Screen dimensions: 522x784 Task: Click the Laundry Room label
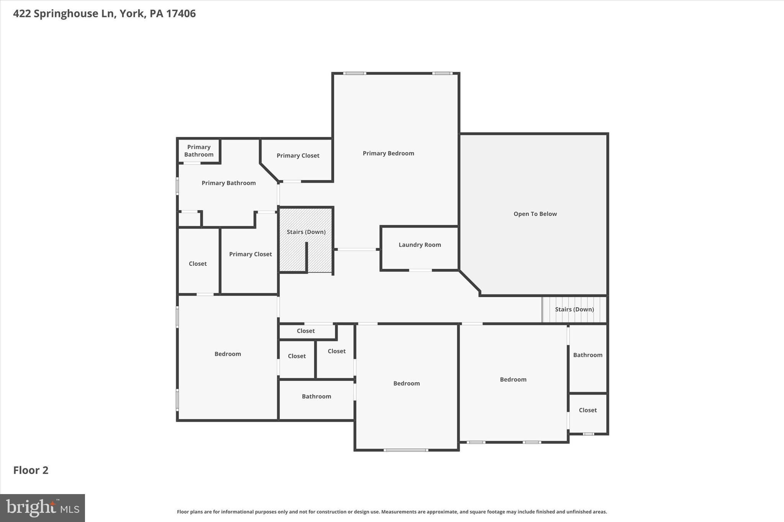click(420, 245)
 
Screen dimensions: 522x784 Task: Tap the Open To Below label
click(535, 214)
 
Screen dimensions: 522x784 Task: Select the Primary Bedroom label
click(388, 153)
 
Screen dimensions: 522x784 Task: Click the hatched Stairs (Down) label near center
click(306, 232)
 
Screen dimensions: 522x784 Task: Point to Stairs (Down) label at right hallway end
click(574, 309)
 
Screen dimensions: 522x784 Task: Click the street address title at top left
click(104, 13)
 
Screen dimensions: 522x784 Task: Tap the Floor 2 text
click(31, 470)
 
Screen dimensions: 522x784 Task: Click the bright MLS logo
click(42, 508)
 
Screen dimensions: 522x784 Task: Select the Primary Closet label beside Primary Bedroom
click(298, 156)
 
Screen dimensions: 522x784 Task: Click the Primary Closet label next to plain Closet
click(250, 254)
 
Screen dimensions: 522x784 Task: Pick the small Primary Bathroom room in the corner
click(199, 151)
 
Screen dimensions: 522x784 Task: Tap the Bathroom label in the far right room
click(588, 355)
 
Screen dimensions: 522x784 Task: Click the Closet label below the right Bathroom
click(588, 410)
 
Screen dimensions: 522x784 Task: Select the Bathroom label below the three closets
click(316, 397)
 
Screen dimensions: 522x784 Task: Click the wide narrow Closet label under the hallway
click(305, 331)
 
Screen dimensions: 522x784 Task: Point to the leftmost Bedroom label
click(227, 354)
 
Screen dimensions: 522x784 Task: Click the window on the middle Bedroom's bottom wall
click(406, 450)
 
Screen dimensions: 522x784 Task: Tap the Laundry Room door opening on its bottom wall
click(420, 270)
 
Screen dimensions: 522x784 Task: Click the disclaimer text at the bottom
click(392, 512)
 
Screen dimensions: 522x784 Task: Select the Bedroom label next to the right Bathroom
click(513, 379)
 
